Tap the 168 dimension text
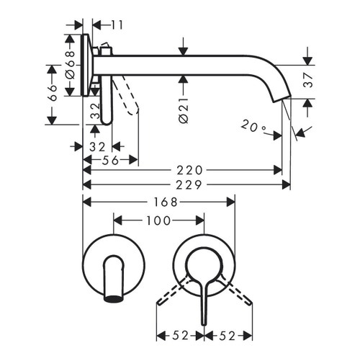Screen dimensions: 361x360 click(159, 202)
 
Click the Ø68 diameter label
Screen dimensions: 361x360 click(70, 63)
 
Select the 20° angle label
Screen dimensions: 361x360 click(253, 128)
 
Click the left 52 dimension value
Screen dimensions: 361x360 click(181, 335)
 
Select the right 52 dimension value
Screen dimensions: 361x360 click(229, 335)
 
